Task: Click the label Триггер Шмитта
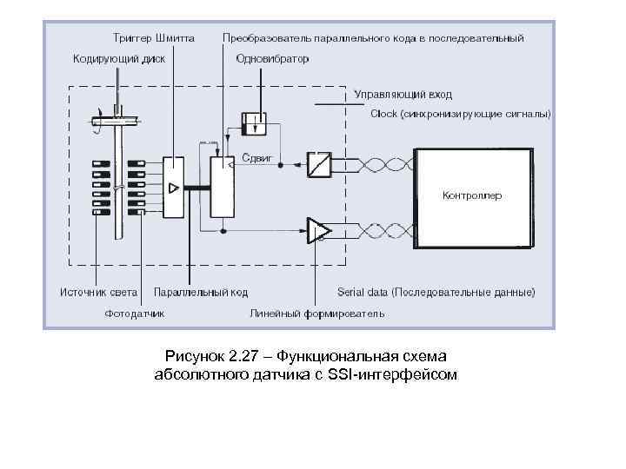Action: [153, 39]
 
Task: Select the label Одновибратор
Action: [272, 59]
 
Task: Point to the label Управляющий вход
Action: [403, 94]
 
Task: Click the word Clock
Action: [383, 113]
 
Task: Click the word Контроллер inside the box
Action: [472, 195]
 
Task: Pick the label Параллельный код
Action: [202, 292]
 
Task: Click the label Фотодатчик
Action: [135, 313]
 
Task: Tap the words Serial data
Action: [365, 292]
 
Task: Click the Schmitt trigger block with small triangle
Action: [173, 187]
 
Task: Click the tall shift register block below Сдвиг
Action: [223, 187]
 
